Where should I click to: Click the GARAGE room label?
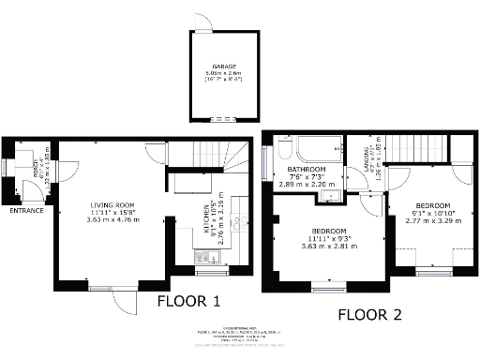(x=222, y=67)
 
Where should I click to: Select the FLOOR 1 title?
(x=188, y=302)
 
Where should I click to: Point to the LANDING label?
(x=364, y=156)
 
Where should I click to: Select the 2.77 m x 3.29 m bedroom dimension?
(x=433, y=223)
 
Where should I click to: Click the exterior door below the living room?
(x=120, y=303)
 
